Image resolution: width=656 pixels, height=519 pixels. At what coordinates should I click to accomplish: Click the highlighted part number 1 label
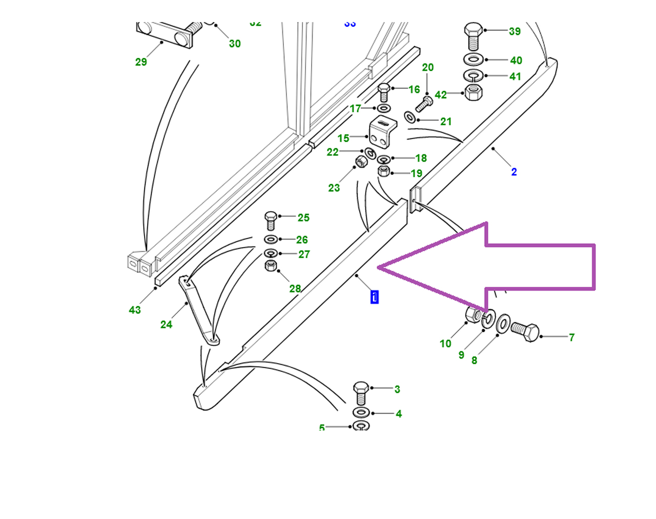(x=375, y=297)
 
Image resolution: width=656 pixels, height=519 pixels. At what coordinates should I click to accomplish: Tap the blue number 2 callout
(x=514, y=172)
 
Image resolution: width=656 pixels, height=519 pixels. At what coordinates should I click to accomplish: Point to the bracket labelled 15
(x=382, y=132)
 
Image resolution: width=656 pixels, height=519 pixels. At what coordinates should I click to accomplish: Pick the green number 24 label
(x=166, y=325)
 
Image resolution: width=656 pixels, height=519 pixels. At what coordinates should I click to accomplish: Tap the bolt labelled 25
(x=271, y=220)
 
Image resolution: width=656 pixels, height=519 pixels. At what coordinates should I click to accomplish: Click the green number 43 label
(x=135, y=310)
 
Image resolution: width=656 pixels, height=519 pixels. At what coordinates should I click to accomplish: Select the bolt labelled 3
(x=361, y=393)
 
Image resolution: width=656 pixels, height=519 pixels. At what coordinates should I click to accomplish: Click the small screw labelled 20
(x=424, y=104)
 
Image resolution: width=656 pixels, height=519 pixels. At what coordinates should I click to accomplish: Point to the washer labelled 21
(x=411, y=117)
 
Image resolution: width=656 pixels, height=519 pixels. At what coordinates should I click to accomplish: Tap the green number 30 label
(x=235, y=44)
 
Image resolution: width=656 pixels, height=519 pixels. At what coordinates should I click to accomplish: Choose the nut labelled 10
(x=473, y=314)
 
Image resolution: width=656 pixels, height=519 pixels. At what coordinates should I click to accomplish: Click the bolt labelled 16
(x=384, y=92)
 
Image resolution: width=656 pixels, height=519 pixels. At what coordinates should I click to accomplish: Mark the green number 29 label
(x=141, y=62)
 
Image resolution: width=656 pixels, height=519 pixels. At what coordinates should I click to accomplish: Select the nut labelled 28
(x=271, y=266)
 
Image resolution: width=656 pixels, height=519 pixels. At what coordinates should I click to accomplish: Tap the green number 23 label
(x=334, y=188)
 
